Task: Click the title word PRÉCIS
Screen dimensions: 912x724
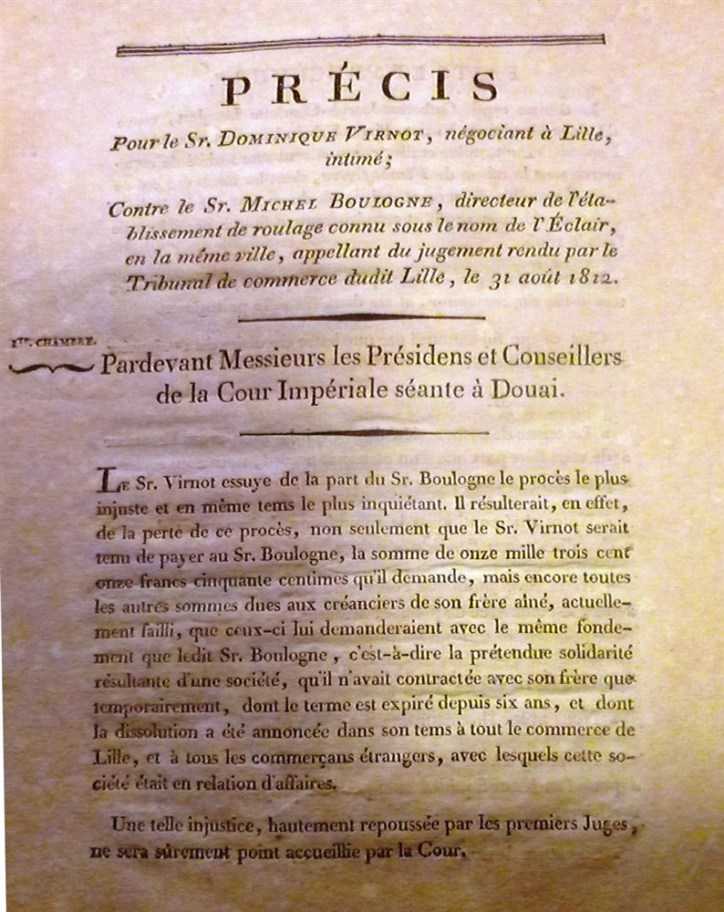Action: click(360, 88)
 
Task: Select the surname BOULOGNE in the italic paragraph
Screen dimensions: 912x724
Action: click(390, 209)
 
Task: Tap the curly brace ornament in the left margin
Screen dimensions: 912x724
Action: click(50, 366)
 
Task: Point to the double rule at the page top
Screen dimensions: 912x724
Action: click(360, 43)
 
